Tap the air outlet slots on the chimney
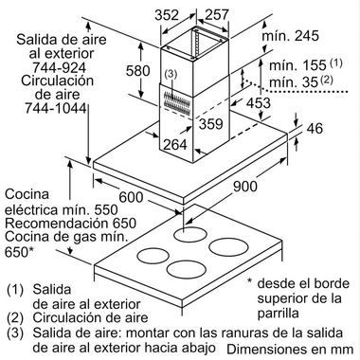point(179,100)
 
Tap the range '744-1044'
point(42,110)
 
